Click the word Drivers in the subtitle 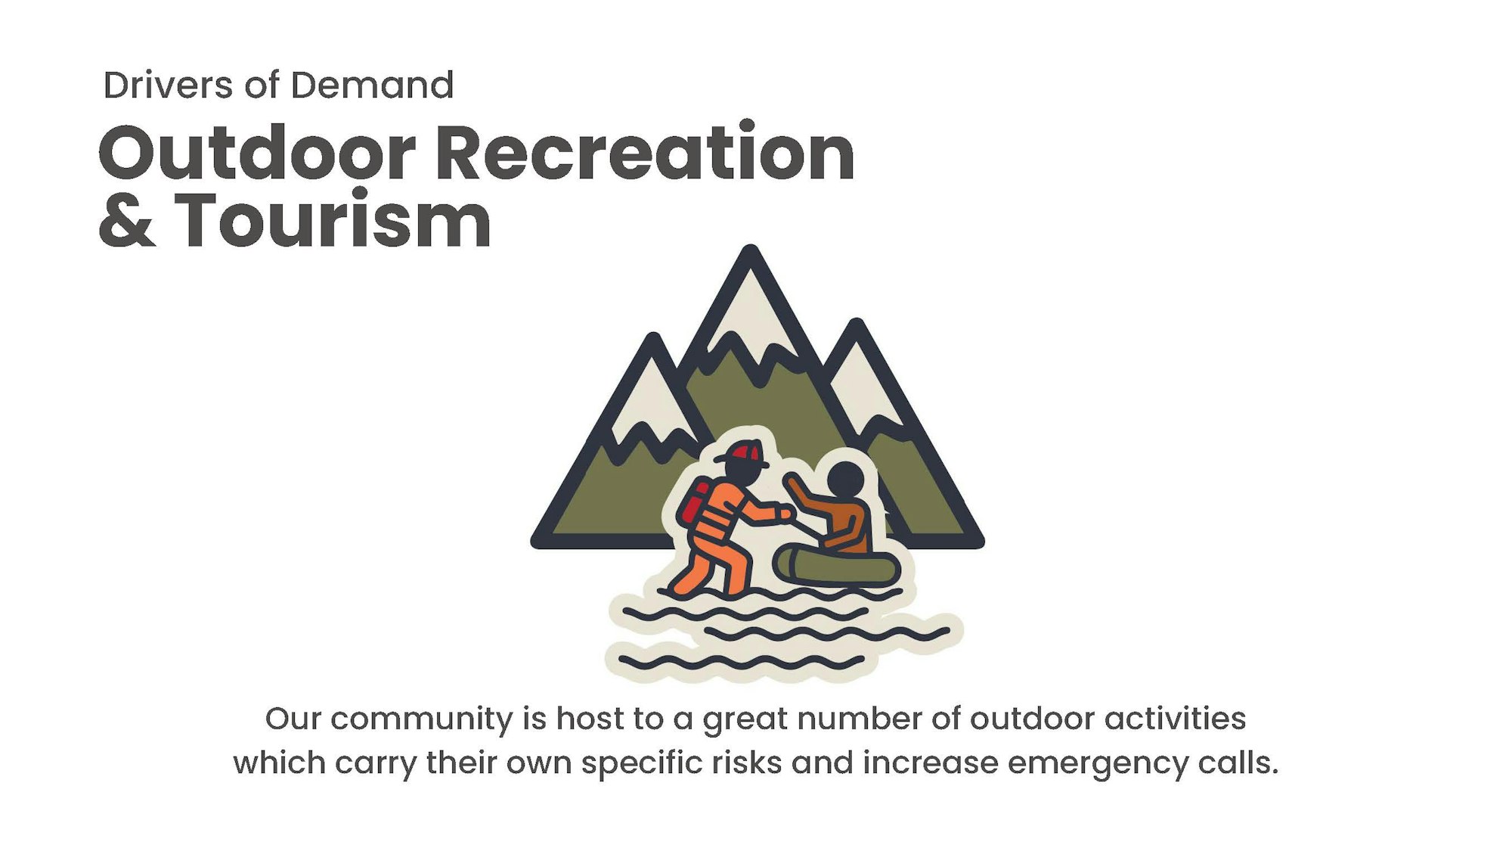tap(168, 85)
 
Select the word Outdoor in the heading tap(257, 153)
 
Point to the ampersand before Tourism tap(127, 220)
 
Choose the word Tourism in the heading tap(333, 219)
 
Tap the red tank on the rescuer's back tap(694, 502)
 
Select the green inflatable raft tap(836, 565)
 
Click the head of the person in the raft tap(845, 480)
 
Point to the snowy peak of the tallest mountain tap(751, 318)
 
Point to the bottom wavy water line tap(742, 663)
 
